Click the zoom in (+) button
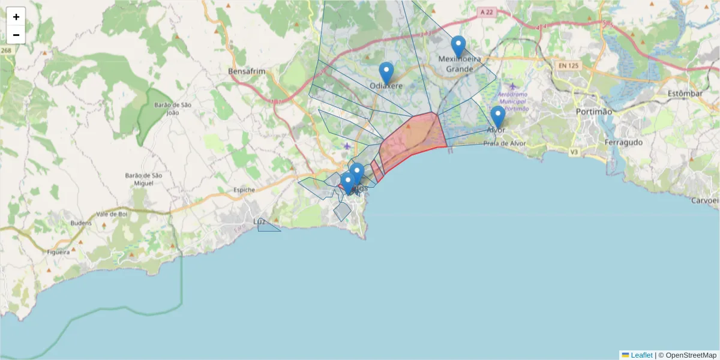point(16,17)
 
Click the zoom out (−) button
point(16,35)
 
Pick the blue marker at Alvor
point(497,116)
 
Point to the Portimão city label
point(593,112)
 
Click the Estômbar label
point(684,94)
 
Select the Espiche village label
point(244,190)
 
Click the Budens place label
point(81,223)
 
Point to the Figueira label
point(58,252)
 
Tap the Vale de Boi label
point(111,214)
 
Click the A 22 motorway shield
point(488,11)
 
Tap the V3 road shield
point(574,152)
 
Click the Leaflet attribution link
point(641,355)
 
